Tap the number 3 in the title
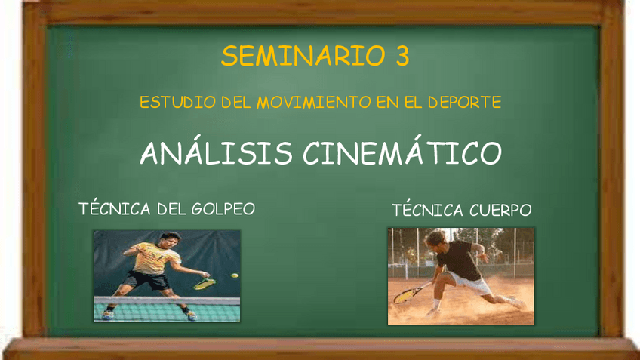tap(402, 57)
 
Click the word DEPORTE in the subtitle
tap(463, 102)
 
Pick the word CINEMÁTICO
tap(402, 154)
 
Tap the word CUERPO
tap(500, 210)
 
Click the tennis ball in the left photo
tap(235, 275)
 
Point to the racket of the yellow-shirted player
tap(204, 283)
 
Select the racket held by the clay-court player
tap(408, 293)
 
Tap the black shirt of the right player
tap(459, 260)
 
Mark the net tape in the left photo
tap(166, 300)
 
